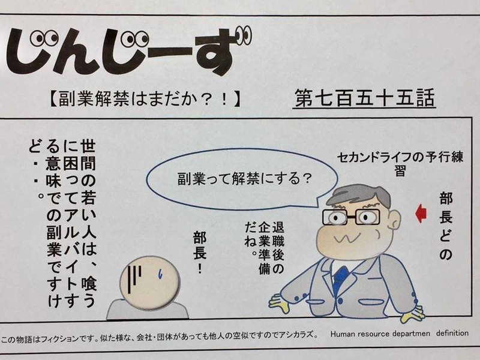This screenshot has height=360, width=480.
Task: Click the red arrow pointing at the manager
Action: click(x=421, y=212)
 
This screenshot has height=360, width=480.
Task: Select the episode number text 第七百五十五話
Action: click(x=365, y=98)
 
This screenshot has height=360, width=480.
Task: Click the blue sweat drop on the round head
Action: click(x=161, y=274)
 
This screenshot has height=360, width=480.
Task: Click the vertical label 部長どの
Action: click(x=445, y=225)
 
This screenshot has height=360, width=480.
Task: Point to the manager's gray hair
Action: click(x=360, y=195)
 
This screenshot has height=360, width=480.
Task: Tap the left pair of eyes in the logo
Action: click(x=44, y=40)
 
